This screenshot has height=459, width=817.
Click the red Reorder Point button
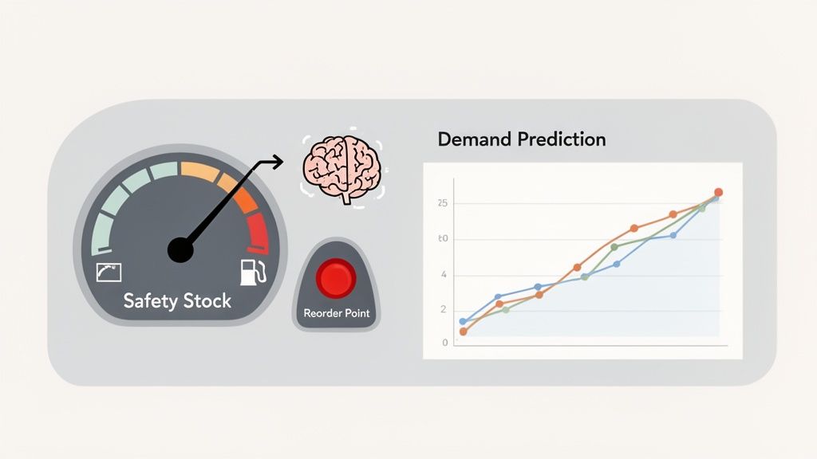[x=335, y=278]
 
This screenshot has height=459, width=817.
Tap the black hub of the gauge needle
[x=180, y=250]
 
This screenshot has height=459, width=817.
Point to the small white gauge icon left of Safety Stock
[x=108, y=272]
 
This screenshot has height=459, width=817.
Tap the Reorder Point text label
[x=337, y=313]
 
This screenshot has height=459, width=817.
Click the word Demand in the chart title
[x=474, y=139]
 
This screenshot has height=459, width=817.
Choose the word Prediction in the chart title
[x=561, y=139]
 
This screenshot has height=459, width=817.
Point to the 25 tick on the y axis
[x=443, y=204]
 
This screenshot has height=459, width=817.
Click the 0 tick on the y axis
[x=445, y=343]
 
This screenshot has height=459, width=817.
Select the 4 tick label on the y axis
[x=444, y=276]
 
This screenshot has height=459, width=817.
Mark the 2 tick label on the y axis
[x=444, y=309]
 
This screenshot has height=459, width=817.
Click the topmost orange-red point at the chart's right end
[x=718, y=192]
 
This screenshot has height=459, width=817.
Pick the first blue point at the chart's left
[x=463, y=322]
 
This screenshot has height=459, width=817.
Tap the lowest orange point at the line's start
[x=463, y=331]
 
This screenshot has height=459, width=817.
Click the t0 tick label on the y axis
[x=443, y=239]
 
